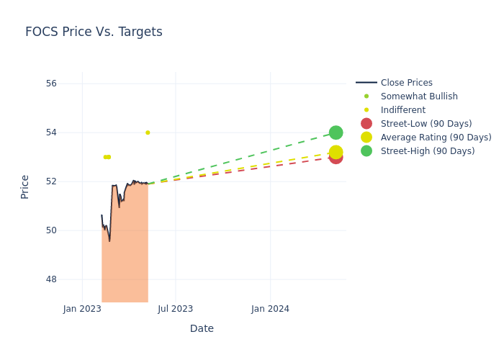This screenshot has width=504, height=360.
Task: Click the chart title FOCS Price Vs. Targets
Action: [94, 32]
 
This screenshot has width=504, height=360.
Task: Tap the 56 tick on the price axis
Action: [51, 84]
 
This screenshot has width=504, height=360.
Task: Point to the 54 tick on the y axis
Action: [51, 132]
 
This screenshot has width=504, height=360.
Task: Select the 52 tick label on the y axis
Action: [51, 181]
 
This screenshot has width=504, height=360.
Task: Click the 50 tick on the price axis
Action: [51, 230]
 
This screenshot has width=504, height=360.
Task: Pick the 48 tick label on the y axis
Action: [51, 279]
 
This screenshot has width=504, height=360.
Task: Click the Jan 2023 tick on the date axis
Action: [82, 309]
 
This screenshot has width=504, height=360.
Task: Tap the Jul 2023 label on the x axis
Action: [176, 309]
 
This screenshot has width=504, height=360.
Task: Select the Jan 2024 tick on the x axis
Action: [270, 309]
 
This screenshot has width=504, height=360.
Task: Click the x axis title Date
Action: [202, 328]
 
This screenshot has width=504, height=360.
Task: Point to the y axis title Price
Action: [25, 186]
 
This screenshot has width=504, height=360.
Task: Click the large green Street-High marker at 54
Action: [336, 132]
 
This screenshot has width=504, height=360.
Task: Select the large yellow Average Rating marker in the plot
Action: [336, 152]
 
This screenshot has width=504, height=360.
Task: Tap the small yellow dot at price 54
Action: [148, 132]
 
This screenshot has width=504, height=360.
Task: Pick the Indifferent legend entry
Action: [402, 110]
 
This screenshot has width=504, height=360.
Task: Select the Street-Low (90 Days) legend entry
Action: [426, 124]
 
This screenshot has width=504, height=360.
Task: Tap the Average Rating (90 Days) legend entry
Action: [436, 138]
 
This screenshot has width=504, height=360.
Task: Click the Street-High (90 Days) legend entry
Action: [427, 151]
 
